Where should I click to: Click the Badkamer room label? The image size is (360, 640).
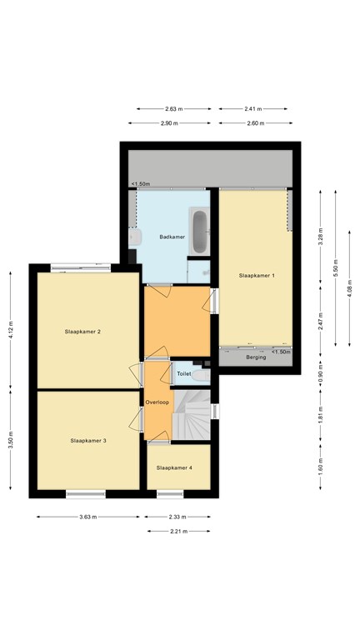pos(172,237)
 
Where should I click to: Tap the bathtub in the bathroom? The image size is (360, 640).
pos(199,232)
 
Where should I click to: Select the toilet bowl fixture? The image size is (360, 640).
pos(201,375)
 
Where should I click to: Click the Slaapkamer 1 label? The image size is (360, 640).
pos(257,276)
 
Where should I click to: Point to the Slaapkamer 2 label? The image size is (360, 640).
pos(82,332)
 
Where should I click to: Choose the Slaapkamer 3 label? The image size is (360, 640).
pos(88,440)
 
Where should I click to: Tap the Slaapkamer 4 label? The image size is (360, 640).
pos(174,467)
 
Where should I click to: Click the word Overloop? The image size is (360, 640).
pos(157,402)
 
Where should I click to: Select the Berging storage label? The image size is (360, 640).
pos(256,357)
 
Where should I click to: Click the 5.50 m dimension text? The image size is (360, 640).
pos(336,268)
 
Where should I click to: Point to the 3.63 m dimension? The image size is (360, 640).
pos(88,517)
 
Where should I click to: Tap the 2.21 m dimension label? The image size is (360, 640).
pos(179,531)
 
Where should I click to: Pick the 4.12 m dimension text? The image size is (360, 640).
pos(11,330)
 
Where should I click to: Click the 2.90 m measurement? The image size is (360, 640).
pos(169,122)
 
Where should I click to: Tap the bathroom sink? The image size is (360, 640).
pos(135,237)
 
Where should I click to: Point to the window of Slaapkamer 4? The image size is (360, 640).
pos(170,494)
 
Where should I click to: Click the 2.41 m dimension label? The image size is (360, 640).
pos(253,109)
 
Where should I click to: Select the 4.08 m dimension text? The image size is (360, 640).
pos(349,288)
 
